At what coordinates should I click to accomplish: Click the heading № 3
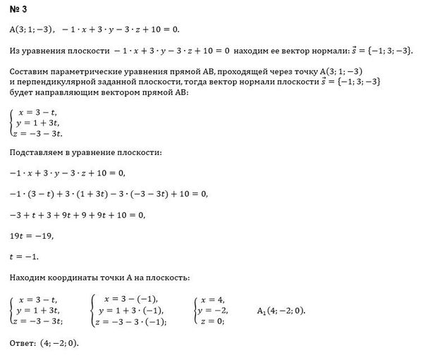coord(20,10)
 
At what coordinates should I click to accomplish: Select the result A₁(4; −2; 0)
coord(282,310)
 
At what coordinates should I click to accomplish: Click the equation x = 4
coord(212,299)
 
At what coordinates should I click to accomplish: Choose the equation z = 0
coord(211,321)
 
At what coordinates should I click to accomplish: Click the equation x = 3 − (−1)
coord(131,299)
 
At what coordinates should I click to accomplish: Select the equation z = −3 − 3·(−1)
coord(133,321)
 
